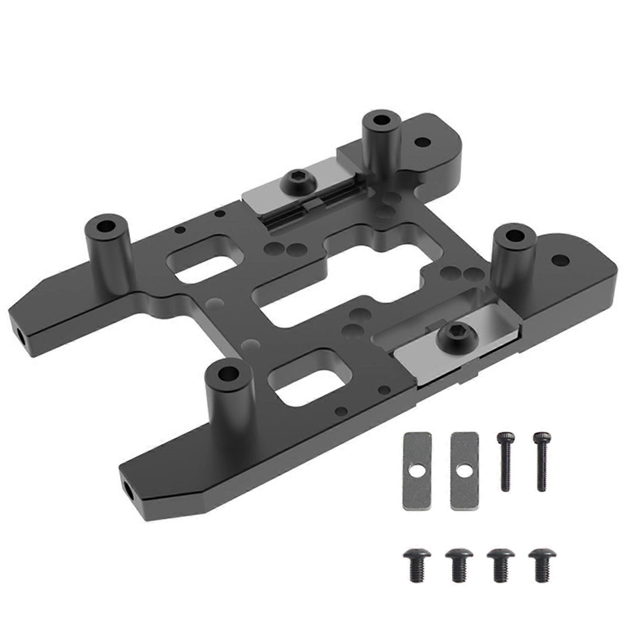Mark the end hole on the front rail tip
coord(128,487)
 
